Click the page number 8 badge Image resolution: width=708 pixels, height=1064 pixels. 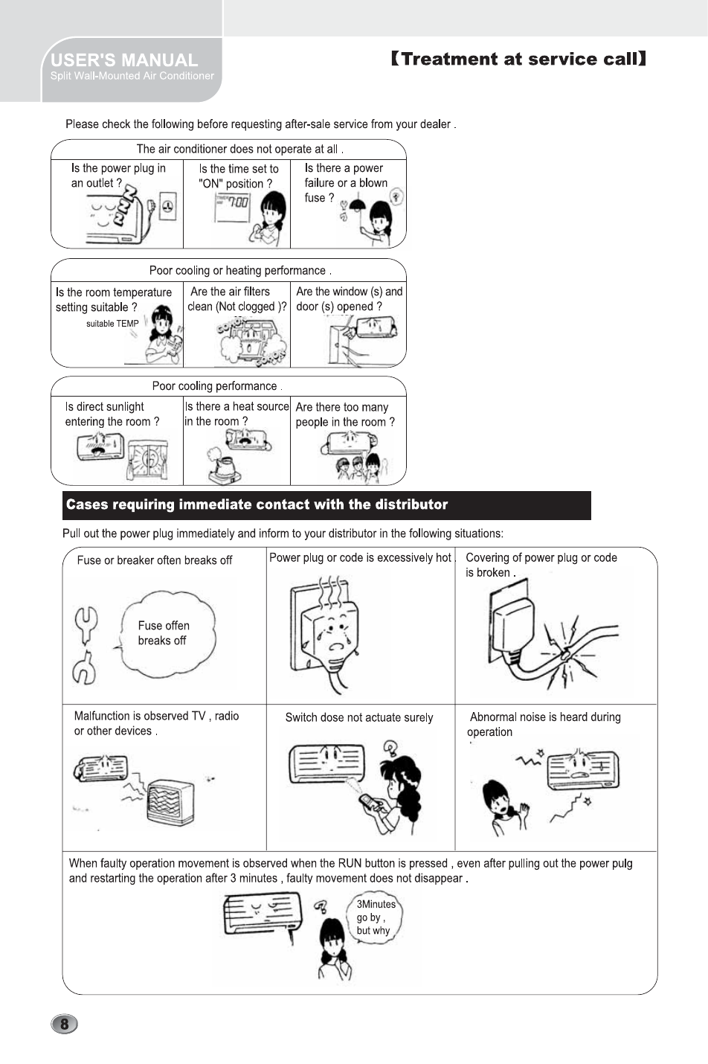pyautogui.click(x=65, y=1024)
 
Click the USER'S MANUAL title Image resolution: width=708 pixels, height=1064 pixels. pyautogui.click(x=124, y=60)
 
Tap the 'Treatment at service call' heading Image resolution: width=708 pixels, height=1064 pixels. pyautogui.click(x=518, y=59)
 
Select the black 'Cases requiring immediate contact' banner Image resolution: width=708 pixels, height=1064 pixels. pyautogui.click(x=326, y=505)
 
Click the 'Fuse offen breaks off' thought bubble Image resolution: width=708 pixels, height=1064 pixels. pyautogui.click(x=167, y=634)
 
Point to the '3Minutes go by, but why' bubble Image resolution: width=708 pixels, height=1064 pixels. pyautogui.click(x=376, y=917)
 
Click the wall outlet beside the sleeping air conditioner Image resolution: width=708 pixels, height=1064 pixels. pyautogui.click(x=168, y=206)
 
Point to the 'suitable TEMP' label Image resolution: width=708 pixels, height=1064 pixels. pyautogui.click(x=112, y=324)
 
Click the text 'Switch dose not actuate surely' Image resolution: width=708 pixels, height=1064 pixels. pyautogui.click(x=359, y=717)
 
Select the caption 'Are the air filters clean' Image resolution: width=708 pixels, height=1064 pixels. pyautogui.click(x=236, y=299)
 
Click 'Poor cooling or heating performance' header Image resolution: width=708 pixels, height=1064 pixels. pyautogui.click(x=240, y=271)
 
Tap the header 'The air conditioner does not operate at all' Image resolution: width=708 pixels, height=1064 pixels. pyautogui.click(x=239, y=149)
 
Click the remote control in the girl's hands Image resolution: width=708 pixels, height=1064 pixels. pyautogui.click(x=370, y=802)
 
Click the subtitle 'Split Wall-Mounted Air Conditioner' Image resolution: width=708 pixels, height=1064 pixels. pyautogui.click(x=132, y=76)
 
